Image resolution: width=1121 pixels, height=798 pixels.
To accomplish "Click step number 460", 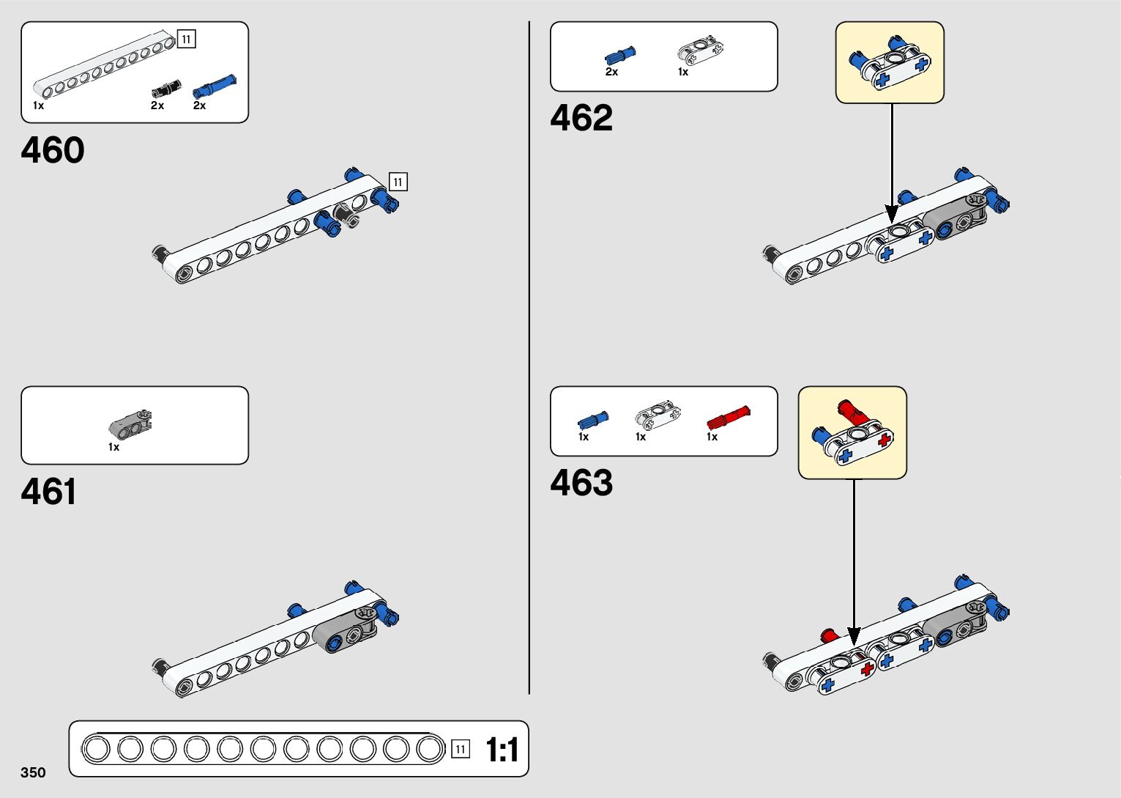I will pos(53,150).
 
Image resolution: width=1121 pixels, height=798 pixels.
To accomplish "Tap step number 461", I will pos(48,492).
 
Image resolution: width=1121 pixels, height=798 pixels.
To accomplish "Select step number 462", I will pos(581,118).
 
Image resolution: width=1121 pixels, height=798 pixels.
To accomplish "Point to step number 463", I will pos(581,483).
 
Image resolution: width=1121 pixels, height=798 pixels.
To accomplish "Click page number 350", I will pos(34,772).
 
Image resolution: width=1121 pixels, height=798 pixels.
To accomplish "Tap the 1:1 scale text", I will pos(502,750).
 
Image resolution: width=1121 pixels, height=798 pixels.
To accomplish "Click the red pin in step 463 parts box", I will pos(728,418).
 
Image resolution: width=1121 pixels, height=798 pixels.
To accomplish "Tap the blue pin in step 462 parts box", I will pos(619,55).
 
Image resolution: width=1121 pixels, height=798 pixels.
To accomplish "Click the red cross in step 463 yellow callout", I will pos(884,441).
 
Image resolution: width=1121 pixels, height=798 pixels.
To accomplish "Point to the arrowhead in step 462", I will pos(891,215).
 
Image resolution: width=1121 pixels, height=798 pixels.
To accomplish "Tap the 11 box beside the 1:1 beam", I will pos(460,749).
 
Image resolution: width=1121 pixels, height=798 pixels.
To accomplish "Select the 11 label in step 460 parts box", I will pos(187,39).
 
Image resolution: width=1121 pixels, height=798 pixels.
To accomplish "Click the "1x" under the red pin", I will pos(712,437).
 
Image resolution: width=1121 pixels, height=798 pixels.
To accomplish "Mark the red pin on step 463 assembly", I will pos(830,635).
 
